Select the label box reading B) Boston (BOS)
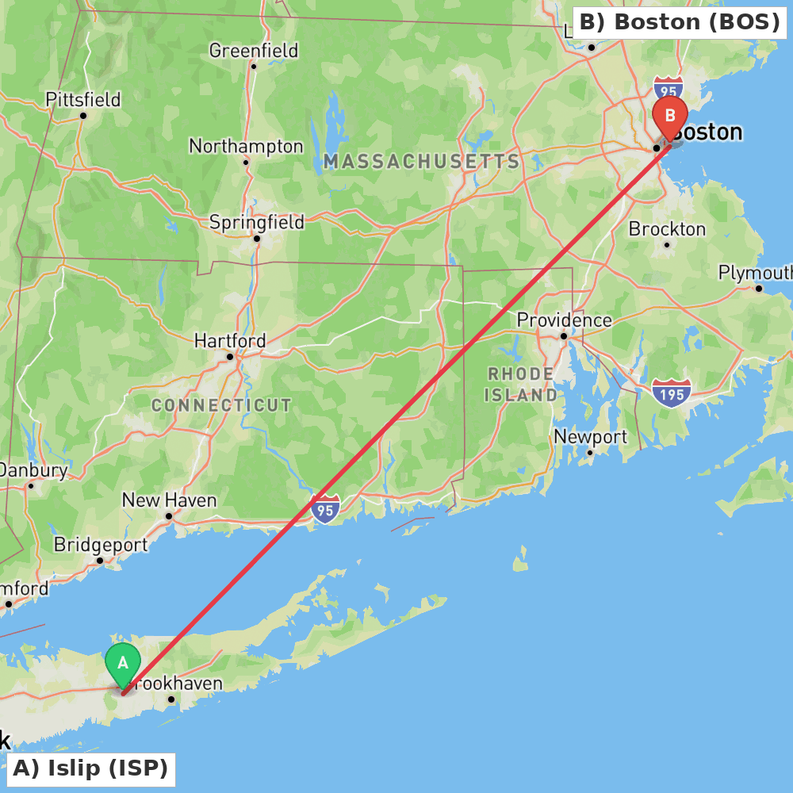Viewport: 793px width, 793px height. click(680, 22)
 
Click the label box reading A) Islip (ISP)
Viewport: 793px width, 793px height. click(90, 768)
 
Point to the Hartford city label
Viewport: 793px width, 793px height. click(230, 340)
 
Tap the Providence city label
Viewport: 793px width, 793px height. click(564, 320)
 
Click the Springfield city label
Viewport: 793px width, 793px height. click(256, 222)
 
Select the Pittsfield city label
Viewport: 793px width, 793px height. click(83, 100)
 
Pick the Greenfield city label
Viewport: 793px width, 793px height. click(254, 51)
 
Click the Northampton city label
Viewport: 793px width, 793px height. click(246, 147)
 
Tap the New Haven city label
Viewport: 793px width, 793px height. click(169, 500)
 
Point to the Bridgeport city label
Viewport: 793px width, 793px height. click(101, 545)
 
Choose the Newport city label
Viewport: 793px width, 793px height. click(590, 437)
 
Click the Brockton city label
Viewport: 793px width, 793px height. click(667, 229)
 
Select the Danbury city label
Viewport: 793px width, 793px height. click(33, 470)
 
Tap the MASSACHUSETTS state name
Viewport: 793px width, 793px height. click(421, 162)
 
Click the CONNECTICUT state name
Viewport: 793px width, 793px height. click(221, 405)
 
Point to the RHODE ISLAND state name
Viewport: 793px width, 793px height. click(521, 384)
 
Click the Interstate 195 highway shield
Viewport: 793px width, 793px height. click(672, 392)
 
